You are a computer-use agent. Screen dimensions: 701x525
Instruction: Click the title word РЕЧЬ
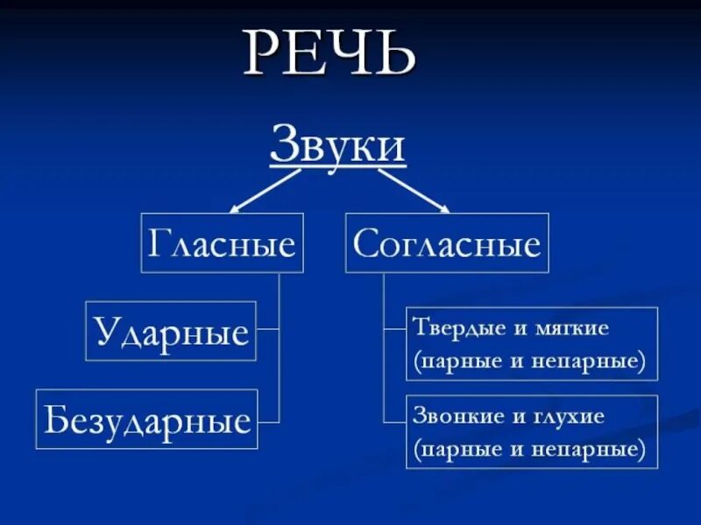[x=329, y=54]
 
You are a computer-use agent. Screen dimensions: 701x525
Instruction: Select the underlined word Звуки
[x=337, y=144]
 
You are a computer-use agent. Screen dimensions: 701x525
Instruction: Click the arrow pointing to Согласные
[x=414, y=191]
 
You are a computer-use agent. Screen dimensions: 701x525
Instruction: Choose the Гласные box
[x=222, y=243]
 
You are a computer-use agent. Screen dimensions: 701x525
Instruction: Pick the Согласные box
[x=447, y=243]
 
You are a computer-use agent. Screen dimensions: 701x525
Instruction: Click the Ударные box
[x=171, y=332]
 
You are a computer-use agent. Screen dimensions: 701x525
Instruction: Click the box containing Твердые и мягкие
[x=532, y=344]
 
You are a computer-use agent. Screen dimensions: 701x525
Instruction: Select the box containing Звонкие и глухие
[x=532, y=431]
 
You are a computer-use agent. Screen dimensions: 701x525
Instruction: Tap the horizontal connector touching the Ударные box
[x=267, y=330]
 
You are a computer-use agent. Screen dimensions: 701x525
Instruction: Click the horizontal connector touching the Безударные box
[x=268, y=421]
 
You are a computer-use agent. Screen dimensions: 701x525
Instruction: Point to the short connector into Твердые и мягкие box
[x=394, y=330]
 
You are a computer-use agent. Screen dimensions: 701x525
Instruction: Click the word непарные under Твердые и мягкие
[x=593, y=360]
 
